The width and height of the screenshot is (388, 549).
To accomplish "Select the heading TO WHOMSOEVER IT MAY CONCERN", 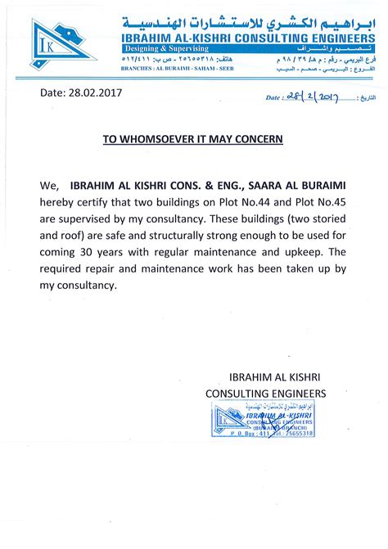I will coord(192,139).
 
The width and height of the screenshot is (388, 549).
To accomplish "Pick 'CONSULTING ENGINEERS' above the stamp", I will coord(265,394).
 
